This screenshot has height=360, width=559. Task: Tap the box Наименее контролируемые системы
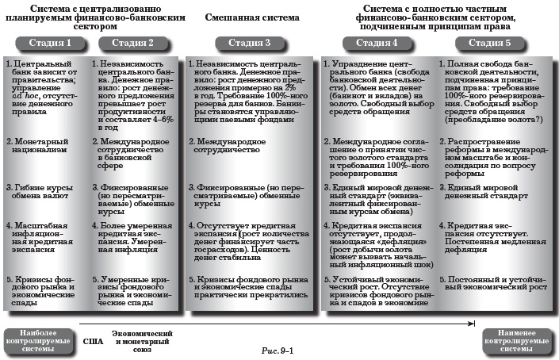pos(517,341)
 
